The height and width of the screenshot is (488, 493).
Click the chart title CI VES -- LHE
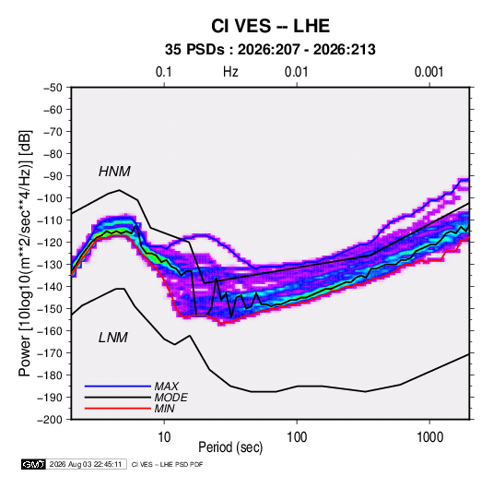tap(270, 26)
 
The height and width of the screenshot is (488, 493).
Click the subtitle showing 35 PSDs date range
tap(270, 50)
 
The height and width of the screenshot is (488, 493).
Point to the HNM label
tap(114, 172)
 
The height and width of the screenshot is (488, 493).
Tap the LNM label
tap(113, 338)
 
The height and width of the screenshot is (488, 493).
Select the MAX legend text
tap(167, 387)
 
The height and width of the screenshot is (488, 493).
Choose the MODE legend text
tap(171, 398)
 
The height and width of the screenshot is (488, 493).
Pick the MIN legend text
tap(165, 409)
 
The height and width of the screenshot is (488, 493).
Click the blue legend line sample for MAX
tap(118, 386)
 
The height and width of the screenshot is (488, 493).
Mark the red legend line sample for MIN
tap(118, 409)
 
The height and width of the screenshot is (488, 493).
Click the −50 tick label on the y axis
tap(53, 88)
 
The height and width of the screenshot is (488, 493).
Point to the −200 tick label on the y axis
tap(50, 420)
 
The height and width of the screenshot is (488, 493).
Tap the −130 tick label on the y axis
tap(50, 265)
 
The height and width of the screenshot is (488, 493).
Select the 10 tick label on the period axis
tap(164, 437)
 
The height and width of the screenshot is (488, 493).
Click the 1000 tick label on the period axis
tap(429, 437)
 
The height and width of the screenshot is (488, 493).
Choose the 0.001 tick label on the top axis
tap(428, 72)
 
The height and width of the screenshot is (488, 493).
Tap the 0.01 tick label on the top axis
tap(296, 72)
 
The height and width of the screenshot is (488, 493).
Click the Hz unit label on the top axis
tap(230, 72)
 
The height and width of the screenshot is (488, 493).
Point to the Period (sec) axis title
tap(230, 447)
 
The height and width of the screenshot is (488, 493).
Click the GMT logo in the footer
tap(34, 464)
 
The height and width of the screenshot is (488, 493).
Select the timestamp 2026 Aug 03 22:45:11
tap(86, 464)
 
